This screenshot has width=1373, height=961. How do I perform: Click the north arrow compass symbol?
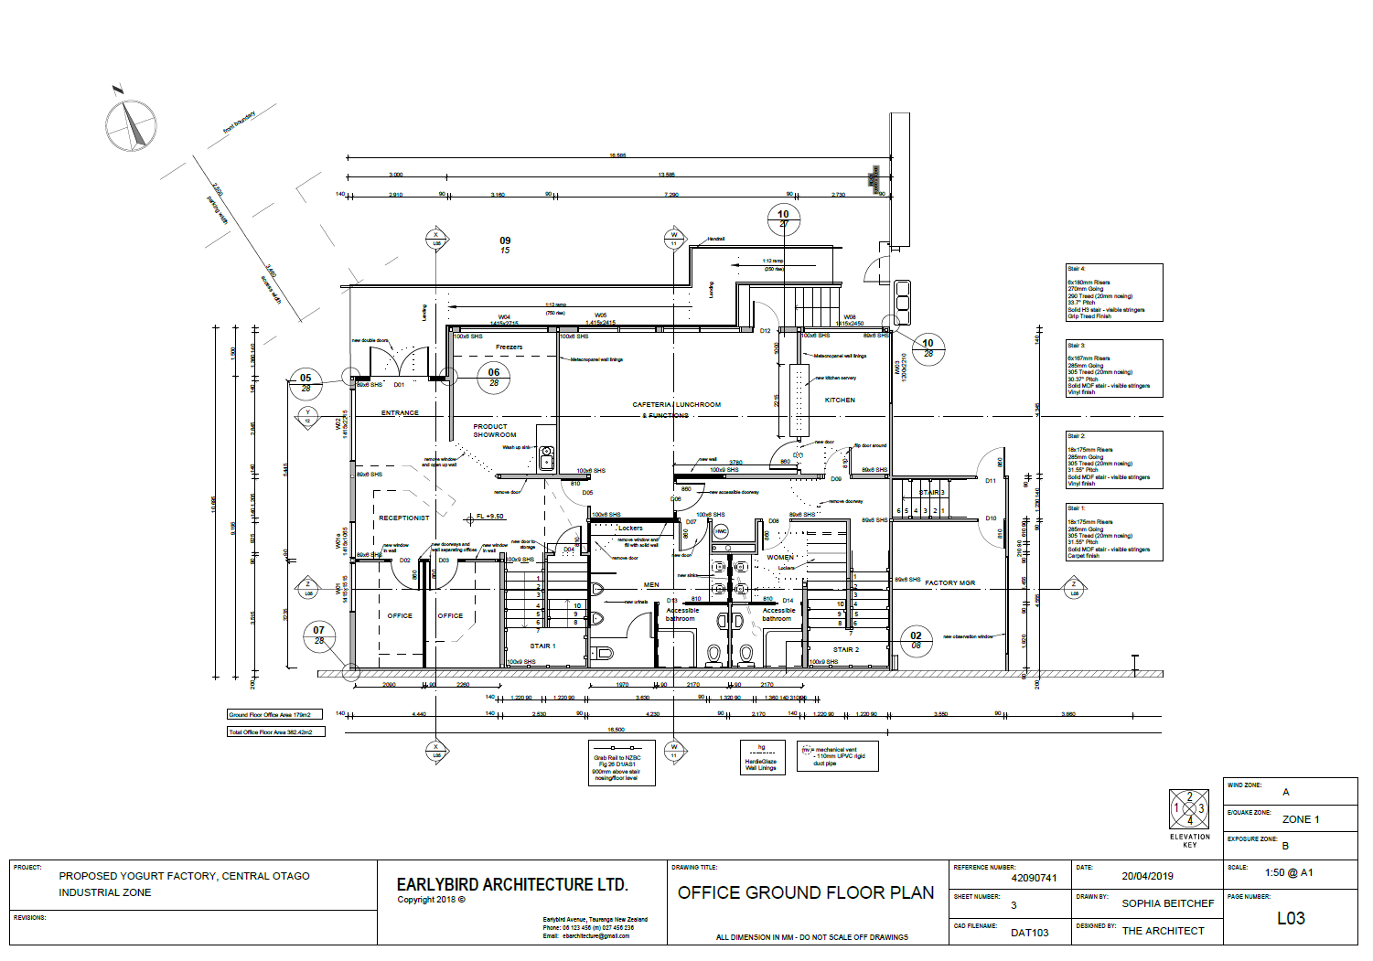click(131, 125)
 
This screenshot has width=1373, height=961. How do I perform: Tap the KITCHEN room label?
click(839, 400)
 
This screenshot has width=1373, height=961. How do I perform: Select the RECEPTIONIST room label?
click(403, 518)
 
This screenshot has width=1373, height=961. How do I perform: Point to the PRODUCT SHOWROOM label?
click(494, 431)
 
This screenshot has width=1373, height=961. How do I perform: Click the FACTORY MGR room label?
click(949, 582)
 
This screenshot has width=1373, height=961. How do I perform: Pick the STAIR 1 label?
click(542, 646)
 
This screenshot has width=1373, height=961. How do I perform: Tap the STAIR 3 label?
click(931, 492)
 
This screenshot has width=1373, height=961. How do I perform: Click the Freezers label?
click(509, 347)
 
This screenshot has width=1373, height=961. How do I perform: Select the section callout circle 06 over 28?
click(494, 377)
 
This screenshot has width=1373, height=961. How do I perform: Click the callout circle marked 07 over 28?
click(318, 635)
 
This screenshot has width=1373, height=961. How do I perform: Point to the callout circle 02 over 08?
click(916, 640)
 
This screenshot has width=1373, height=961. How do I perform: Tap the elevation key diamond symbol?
click(1189, 808)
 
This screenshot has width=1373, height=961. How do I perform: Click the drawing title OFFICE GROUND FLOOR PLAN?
click(806, 892)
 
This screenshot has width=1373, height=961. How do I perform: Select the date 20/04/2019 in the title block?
click(1147, 876)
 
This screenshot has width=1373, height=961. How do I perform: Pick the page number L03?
click(1290, 918)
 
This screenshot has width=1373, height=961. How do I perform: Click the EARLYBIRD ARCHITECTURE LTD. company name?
click(512, 884)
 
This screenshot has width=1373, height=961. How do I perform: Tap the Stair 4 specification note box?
click(1113, 293)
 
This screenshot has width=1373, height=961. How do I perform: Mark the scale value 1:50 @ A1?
click(1288, 872)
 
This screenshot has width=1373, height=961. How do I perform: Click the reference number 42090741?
click(1034, 878)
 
